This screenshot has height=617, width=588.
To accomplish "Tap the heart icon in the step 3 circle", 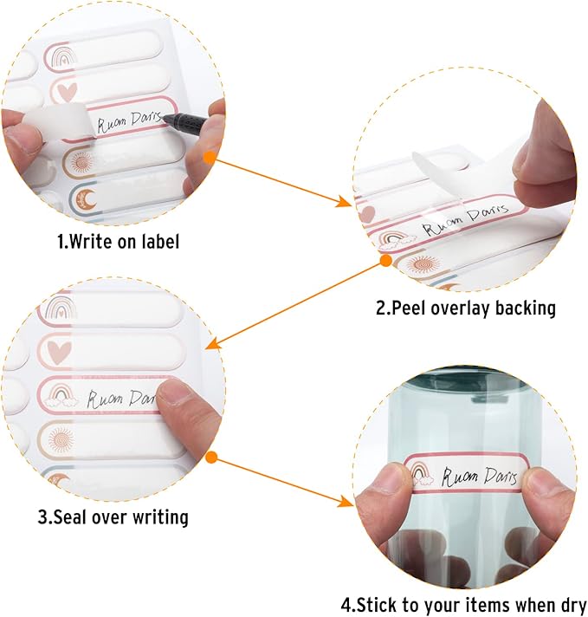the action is (x=59, y=352).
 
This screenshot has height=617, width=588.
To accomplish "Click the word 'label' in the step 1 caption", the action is (x=161, y=241).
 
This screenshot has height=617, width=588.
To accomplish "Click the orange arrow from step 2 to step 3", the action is (x=295, y=304).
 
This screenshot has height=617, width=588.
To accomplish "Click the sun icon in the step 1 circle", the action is (x=81, y=161).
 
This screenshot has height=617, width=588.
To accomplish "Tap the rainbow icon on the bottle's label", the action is (x=421, y=473).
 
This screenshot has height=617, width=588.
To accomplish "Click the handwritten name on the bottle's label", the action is (x=478, y=477).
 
